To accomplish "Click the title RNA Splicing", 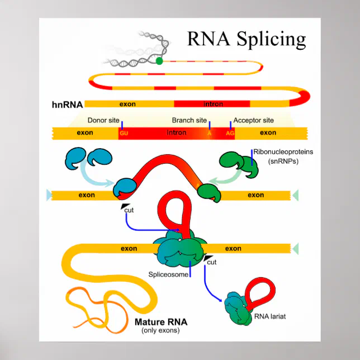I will pos(246,39).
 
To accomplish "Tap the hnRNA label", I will pos(67,104).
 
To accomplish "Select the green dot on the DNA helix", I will pos(160,60).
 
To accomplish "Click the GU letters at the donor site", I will pos(124,134).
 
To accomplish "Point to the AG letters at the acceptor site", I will pos(230,134).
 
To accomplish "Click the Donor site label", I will pos(103,120).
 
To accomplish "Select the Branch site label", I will pos(190,120).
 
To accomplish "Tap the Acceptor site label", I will pos(253,120).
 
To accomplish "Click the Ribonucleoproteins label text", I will pos(283,151).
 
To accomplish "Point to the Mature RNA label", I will pos(161,322).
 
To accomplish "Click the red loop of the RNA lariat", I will pos(260,292).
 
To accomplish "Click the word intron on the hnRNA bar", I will pos(213,104).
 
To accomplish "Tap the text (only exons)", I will pos(161,331).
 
